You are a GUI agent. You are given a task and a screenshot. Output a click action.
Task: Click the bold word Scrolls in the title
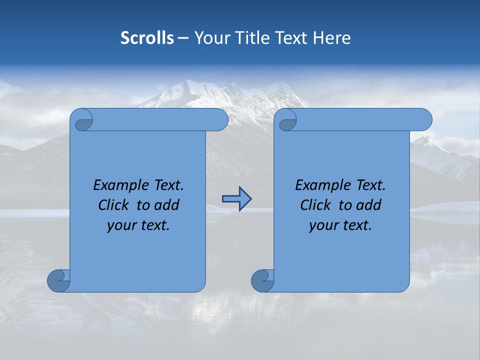point(147,38)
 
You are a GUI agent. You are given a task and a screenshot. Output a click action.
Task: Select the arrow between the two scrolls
point(236,199)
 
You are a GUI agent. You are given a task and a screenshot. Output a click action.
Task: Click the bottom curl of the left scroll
point(58,280)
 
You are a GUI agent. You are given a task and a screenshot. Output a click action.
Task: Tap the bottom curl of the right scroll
point(262,280)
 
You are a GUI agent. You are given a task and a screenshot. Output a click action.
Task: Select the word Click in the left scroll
point(113,205)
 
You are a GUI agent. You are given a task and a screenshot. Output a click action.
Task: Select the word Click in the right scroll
point(315,205)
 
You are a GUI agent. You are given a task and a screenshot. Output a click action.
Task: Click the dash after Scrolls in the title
point(183,38)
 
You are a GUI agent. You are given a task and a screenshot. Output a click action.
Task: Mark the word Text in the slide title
point(292,38)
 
